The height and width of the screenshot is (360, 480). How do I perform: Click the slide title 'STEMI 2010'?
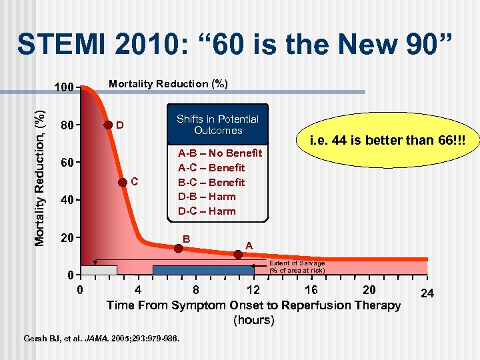click(x=236, y=45)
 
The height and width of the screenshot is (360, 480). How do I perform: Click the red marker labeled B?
click(x=178, y=249)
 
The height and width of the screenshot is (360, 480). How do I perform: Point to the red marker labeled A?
click(x=237, y=254)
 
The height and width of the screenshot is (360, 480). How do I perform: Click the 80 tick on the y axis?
click(x=67, y=125)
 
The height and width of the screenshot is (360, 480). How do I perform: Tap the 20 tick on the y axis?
click(x=67, y=238)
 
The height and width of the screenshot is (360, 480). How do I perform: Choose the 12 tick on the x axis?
click(x=253, y=290)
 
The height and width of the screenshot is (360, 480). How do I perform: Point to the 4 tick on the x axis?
click(x=137, y=290)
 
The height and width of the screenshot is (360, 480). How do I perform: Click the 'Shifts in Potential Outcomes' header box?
click(x=217, y=124)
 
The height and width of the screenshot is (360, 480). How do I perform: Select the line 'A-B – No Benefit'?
click(x=219, y=153)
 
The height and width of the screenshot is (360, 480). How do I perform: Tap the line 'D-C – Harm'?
click(x=207, y=211)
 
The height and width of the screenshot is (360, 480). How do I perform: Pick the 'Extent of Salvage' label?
click(x=297, y=267)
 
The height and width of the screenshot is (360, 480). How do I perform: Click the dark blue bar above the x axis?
click(x=203, y=270)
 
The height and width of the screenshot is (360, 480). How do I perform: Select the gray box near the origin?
click(x=99, y=270)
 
